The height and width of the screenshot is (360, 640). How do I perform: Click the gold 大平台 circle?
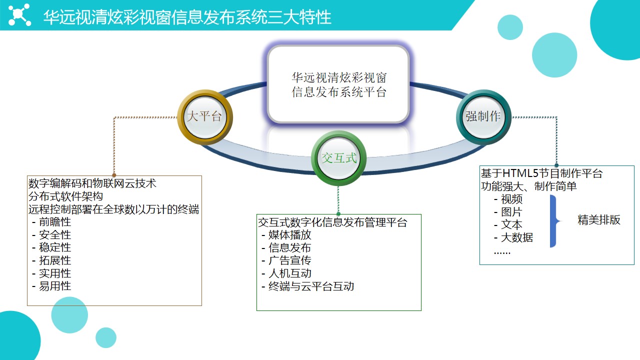coord(205,117)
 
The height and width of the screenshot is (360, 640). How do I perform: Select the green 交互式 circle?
coord(338,158)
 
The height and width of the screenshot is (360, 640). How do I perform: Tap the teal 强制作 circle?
coord(483,117)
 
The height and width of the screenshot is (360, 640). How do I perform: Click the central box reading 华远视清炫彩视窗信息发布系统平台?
coord(338,84)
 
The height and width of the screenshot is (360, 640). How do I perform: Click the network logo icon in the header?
coord(19,15)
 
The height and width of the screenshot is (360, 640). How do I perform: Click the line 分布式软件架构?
coord(65,196)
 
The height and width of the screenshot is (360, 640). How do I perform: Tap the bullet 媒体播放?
coord(286,235)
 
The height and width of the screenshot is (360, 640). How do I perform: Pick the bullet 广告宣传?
coord(286,260)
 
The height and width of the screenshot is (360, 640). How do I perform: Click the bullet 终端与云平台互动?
coord(308,286)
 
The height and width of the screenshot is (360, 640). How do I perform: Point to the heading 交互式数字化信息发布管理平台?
coord(332,222)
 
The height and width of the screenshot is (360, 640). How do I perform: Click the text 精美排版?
coord(599,220)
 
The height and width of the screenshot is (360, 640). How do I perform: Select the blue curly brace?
coord(554,221)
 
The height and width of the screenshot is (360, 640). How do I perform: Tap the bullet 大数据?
coord(513,237)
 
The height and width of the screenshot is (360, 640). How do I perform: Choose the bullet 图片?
coord(508,212)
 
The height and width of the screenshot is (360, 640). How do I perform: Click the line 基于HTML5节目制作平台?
coord(541,173)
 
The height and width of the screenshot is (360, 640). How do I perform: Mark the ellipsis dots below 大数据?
coord(502,252)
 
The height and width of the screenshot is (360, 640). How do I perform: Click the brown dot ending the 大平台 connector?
coord(114,175)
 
